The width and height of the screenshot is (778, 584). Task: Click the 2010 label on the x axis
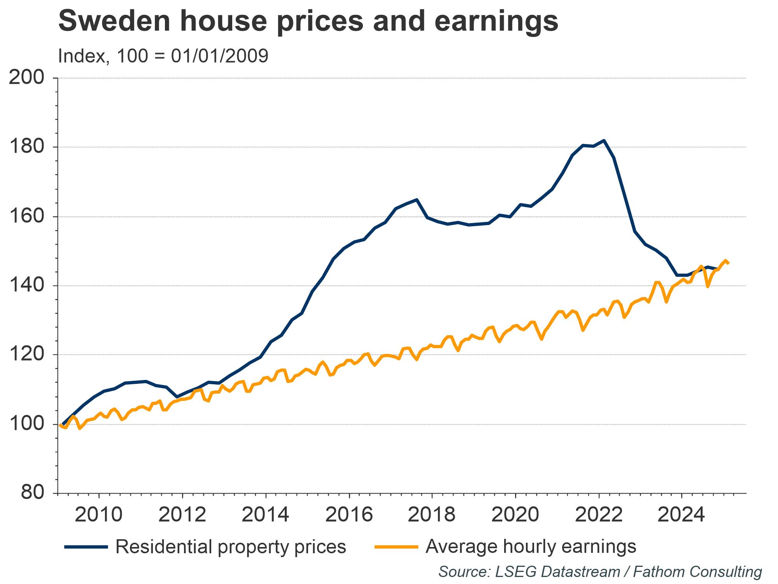(x=99, y=515)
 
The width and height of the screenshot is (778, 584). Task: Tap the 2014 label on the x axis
(x=265, y=515)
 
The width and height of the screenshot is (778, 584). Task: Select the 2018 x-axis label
(x=432, y=515)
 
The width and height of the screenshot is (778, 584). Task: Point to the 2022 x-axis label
(x=599, y=515)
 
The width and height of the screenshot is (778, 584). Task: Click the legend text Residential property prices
(x=231, y=547)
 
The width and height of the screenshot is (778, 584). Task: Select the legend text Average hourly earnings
(x=531, y=547)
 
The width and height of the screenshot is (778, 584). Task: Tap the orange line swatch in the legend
(x=396, y=547)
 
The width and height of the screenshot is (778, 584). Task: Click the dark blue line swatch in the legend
(x=86, y=547)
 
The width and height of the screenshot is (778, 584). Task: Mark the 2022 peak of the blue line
(x=603, y=140)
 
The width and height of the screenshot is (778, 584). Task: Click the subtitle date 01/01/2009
(x=219, y=56)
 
